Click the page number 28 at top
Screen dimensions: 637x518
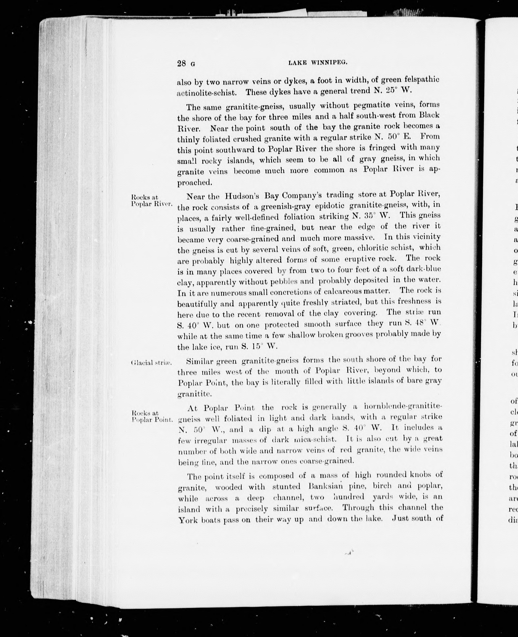[x=181, y=63]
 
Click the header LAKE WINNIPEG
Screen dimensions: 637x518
[x=318, y=63]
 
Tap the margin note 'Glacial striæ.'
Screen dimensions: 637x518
[x=151, y=363]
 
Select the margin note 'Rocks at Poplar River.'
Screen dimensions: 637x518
[x=151, y=201]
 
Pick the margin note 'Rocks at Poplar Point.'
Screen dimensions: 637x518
[x=152, y=416]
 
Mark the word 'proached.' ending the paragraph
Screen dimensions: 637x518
[x=194, y=182]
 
